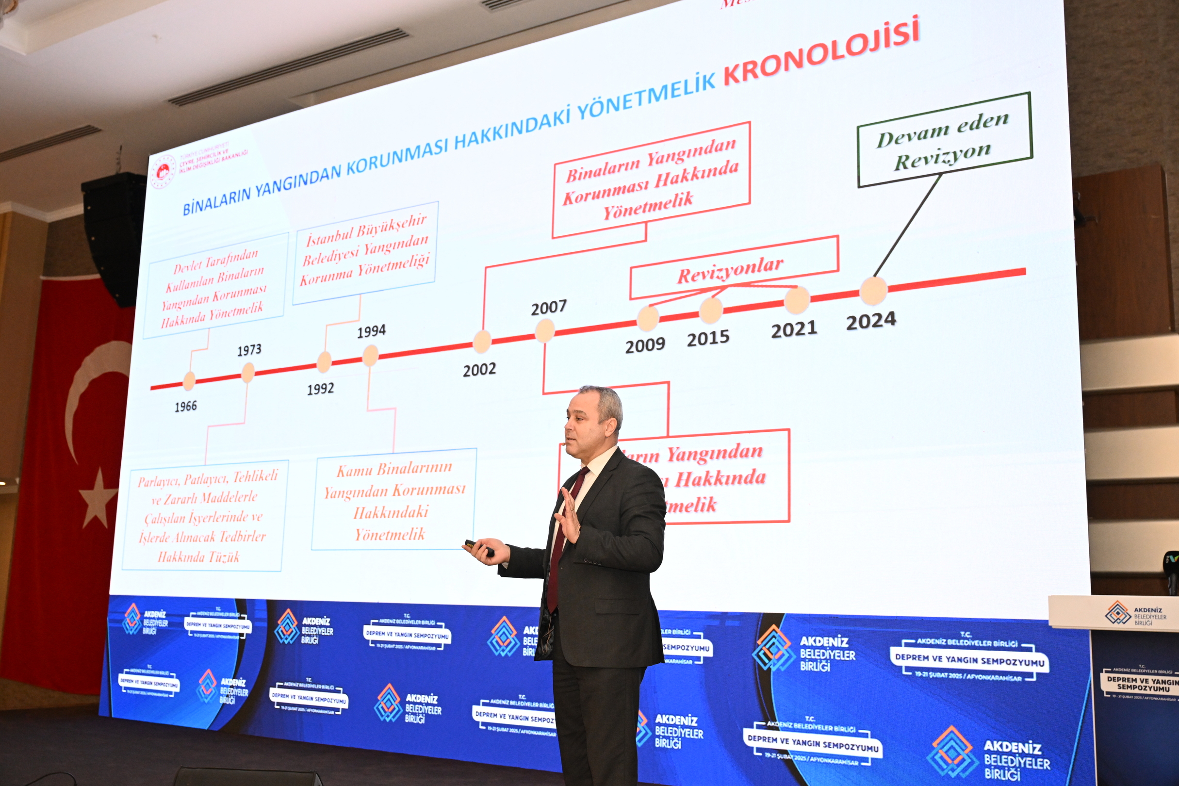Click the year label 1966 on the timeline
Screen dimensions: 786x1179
(x=185, y=406)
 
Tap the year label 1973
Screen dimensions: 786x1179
(x=249, y=349)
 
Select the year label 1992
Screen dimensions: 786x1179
(x=320, y=389)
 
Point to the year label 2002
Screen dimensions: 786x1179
(x=479, y=370)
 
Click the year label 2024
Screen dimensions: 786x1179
(x=871, y=321)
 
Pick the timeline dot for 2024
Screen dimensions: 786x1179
(x=873, y=290)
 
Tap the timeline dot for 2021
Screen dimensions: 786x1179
(x=797, y=300)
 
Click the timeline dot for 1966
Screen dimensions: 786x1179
(x=189, y=381)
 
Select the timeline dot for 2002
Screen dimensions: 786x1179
(x=482, y=342)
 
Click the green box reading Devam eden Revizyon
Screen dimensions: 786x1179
(x=944, y=140)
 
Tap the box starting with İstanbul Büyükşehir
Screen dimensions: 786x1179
(x=365, y=253)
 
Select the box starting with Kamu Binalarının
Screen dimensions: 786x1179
(x=393, y=500)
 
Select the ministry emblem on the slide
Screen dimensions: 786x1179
(x=164, y=171)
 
